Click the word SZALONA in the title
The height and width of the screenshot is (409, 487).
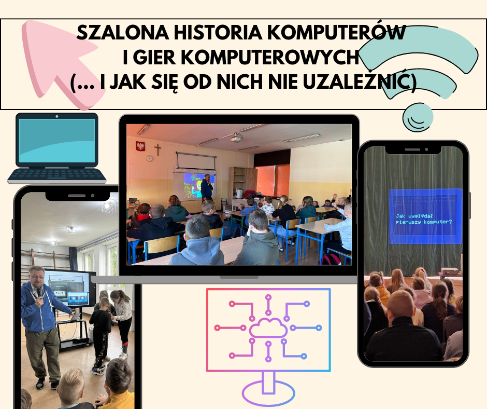click(123, 32)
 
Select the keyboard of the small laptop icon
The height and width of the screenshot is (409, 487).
click(57, 175)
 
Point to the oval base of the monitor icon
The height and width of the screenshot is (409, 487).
click(268, 393)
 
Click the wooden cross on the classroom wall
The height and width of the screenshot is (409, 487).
click(158, 149)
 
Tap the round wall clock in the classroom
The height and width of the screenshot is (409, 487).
click(149, 158)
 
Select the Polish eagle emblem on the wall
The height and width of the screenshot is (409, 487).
click(140, 146)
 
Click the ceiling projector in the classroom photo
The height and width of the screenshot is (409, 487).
click(237, 138)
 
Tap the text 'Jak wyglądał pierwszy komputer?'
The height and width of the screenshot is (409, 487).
click(424, 219)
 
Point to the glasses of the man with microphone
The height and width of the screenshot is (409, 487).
click(37, 277)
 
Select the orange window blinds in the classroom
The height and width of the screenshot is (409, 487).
click(273, 181)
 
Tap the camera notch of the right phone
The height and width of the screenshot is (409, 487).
click(413, 149)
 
